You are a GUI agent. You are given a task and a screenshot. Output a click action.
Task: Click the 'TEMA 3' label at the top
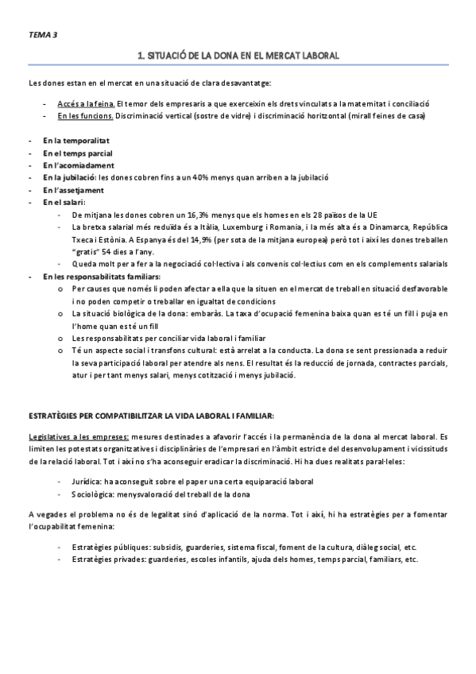[x=42, y=36]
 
